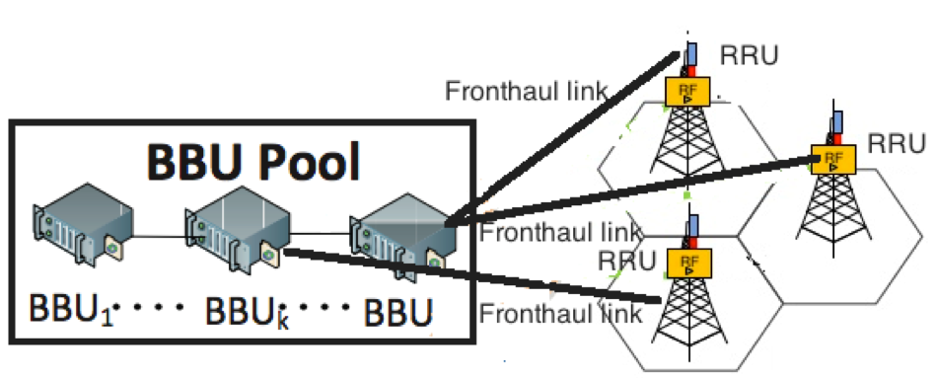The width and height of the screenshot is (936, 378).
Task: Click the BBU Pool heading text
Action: (x=253, y=161)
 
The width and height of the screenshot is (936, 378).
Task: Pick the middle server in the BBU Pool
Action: (x=237, y=229)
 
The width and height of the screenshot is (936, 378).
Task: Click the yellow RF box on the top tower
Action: (x=687, y=92)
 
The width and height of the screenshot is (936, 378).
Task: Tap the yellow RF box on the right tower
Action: (x=833, y=160)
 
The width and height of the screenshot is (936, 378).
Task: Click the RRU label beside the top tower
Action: (x=750, y=55)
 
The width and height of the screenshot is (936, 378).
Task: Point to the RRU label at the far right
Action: (x=897, y=144)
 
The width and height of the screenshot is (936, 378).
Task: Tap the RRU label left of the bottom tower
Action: (x=626, y=261)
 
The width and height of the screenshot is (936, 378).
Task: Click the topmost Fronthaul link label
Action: (x=527, y=91)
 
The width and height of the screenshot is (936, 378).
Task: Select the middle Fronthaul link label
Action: (x=560, y=232)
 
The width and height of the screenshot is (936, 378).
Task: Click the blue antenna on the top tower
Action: (x=691, y=53)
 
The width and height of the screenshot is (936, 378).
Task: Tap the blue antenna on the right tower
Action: (x=837, y=122)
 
